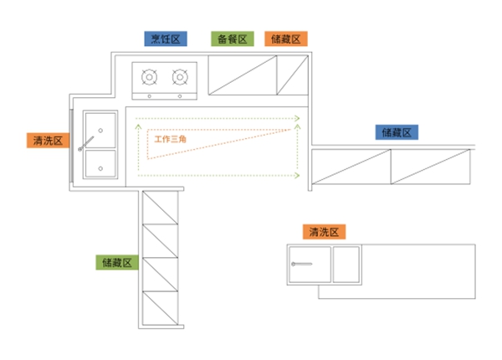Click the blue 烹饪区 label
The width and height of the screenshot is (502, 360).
pyautogui.click(x=166, y=39)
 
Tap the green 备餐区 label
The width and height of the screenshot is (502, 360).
pyautogui.click(x=233, y=39)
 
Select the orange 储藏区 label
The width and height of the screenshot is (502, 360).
pyautogui.click(x=286, y=39)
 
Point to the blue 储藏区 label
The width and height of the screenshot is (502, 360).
pyautogui.click(x=397, y=132)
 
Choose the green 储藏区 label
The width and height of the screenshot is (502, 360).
pyautogui.click(x=117, y=263)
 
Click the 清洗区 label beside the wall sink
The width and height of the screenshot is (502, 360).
pyautogui.click(x=48, y=141)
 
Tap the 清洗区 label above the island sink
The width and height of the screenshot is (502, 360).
pyautogui.click(x=324, y=232)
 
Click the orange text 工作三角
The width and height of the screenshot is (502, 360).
pyautogui.click(x=170, y=139)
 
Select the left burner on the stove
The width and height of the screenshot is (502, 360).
pyautogui.click(x=149, y=77)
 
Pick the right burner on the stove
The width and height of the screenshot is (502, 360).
pyautogui.click(x=180, y=77)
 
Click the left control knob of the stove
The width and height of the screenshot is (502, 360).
pyautogui.click(x=149, y=96)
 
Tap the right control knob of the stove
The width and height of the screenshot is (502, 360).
pyautogui.click(x=180, y=96)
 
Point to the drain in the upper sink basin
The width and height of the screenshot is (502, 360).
pyautogui.click(x=100, y=131)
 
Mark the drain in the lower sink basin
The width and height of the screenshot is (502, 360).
pyautogui.click(x=100, y=168)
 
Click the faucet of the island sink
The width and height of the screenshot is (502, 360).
pyautogui.click(x=301, y=264)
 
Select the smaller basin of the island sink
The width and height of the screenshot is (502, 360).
pyautogui.click(x=346, y=265)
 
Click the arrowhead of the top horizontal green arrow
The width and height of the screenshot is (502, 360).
pyautogui.click(x=297, y=119)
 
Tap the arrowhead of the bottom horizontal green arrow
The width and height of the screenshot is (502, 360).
pyautogui.click(x=297, y=176)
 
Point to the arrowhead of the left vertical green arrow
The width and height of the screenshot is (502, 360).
pyautogui.click(x=138, y=126)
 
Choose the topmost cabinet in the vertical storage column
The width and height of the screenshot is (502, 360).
pyautogui.click(x=160, y=208)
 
